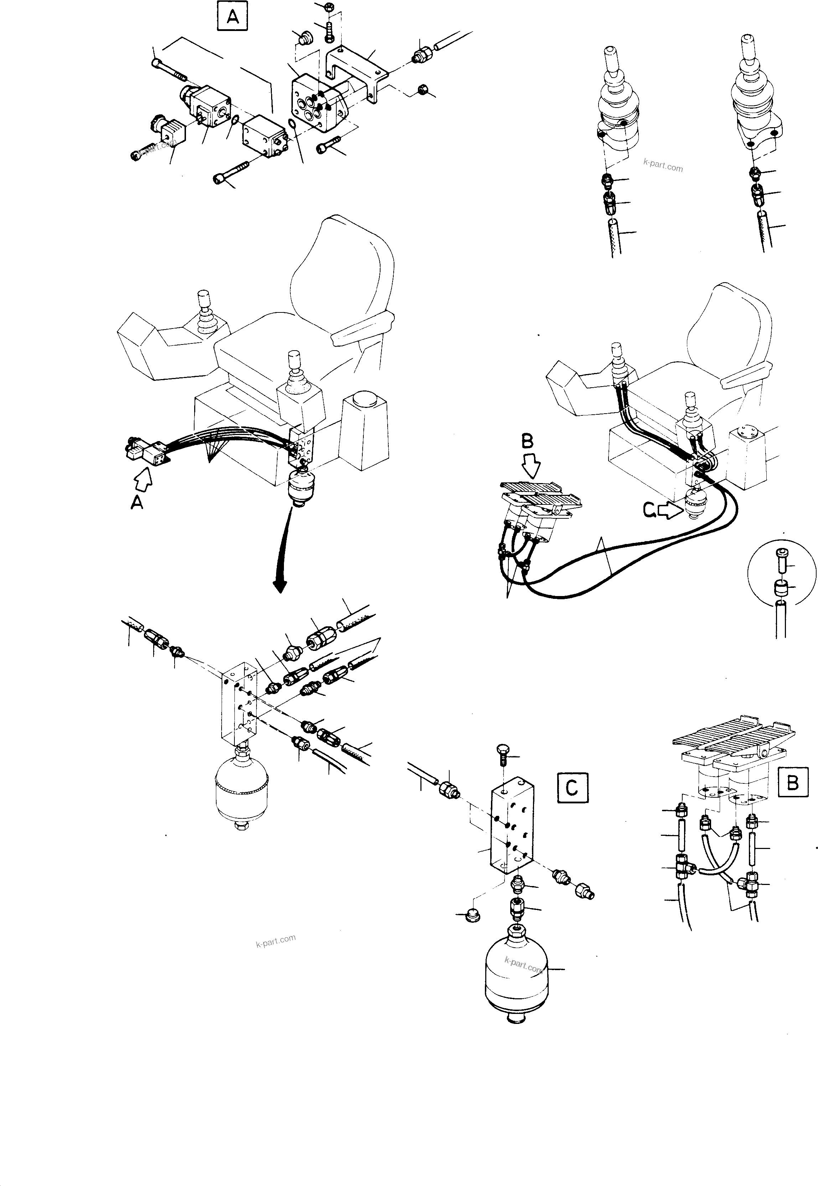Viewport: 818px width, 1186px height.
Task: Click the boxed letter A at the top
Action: tap(232, 17)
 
